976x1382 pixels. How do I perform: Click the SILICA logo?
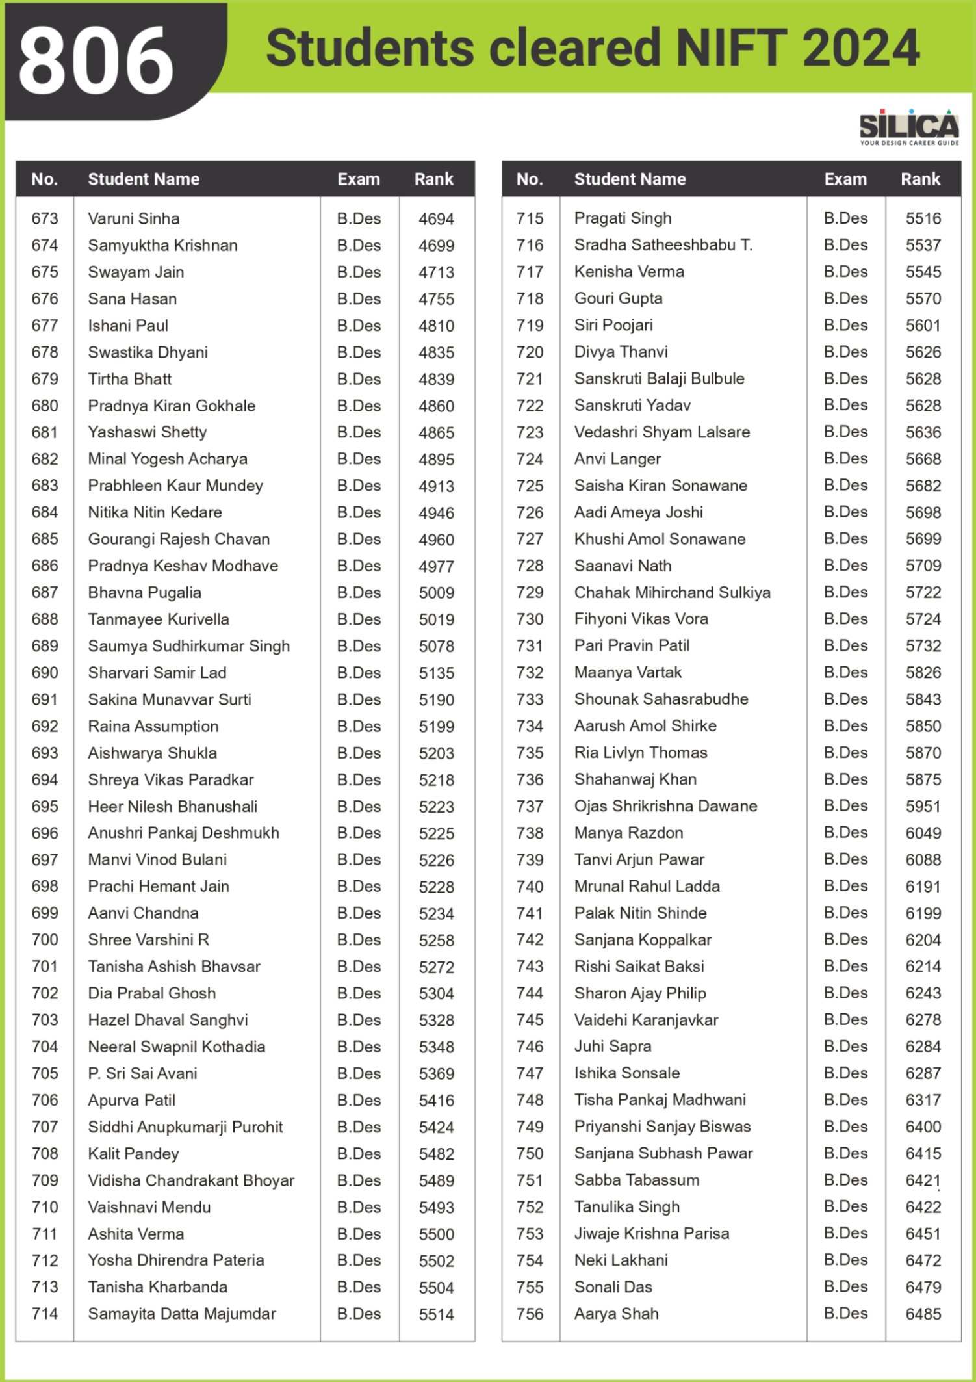(x=908, y=127)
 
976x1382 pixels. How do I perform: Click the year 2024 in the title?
(x=861, y=48)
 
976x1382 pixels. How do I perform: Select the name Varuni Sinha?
(x=134, y=218)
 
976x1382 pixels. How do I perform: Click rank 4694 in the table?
(x=436, y=219)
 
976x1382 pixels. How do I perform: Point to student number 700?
(x=45, y=939)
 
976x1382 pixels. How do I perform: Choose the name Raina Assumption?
(x=153, y=726)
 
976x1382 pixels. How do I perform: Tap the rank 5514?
(x=436, y=1314)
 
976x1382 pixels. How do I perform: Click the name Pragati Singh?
(x=623, y=218)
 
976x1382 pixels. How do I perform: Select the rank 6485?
(x=923, y=1314)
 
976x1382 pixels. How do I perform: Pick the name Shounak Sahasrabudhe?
(x=661, y=699)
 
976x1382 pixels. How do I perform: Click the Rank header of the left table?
(x=433, y=179)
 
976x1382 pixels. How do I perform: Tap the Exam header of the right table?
(x=845, y=179)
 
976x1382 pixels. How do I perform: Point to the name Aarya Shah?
(x=616, y=1314)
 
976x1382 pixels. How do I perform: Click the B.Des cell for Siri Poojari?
(x=845, y=325)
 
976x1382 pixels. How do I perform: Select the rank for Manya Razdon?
(x=923, y=833)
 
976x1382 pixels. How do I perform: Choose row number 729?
(x=530, y=592)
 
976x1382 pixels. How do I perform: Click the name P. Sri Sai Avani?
(x=142, y=1073)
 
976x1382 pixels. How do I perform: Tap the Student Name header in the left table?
(x=144, y=179)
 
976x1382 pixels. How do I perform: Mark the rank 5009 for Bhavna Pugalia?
(x=436, y=593)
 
